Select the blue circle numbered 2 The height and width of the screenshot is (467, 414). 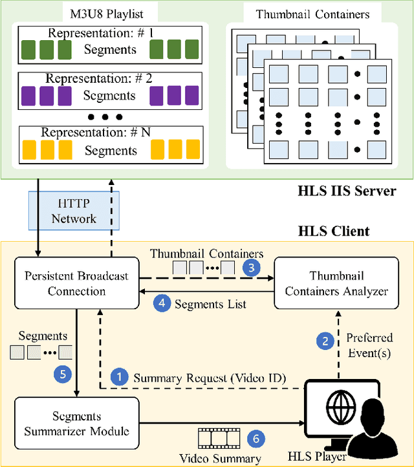click(325, 340)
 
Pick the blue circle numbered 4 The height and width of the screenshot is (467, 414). click(161, 302)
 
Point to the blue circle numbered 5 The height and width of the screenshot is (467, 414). click(63, 372)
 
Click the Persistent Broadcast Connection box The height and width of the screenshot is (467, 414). click(76, 283)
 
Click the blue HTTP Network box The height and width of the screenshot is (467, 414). click(74, 211)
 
